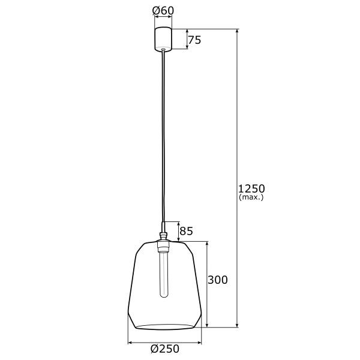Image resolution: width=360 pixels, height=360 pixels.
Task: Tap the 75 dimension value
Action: tap(194, 40)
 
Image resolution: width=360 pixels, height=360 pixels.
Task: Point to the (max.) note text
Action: tap(251, 197)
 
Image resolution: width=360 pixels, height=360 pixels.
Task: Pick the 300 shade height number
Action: tap(218, 280)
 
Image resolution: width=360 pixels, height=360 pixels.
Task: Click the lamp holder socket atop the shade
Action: tap(162, 242)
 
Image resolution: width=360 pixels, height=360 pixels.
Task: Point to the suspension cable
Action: tap(162, 138)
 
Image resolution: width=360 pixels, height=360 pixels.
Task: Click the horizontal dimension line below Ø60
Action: tap(162, 20)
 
